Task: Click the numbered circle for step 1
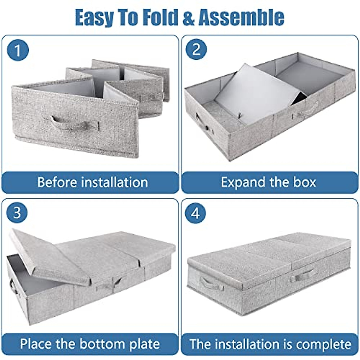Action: pyautogui.click(x=18, y=50)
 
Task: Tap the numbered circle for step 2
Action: pyautogui.click(x=196, y=49)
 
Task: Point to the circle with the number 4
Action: pyautogui.click(x=195, y=213)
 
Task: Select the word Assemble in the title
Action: pyautogui.click(x=241, y=17)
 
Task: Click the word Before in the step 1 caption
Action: pyautogui.click(x=57, y=182)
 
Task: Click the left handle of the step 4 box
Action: pyautogui.click(x=212, y=283)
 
